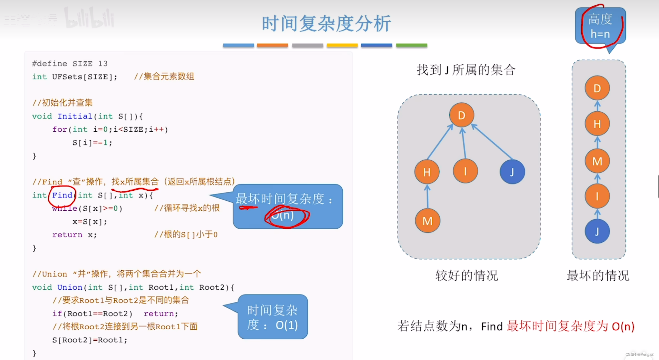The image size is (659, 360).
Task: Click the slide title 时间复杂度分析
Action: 326,23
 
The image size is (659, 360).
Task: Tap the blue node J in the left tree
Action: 512,172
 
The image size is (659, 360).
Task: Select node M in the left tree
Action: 427,221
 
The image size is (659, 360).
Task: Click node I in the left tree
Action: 465,171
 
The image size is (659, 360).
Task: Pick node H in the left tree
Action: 427,172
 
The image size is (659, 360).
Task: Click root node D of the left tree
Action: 461,115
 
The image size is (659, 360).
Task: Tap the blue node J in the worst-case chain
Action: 597,231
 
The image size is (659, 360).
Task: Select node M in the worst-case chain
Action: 597,161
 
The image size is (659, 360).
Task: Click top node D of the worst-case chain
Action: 597,88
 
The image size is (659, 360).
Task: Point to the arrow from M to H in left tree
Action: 427,197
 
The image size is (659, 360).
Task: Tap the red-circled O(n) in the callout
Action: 283,216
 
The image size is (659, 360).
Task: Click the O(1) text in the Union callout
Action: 287,325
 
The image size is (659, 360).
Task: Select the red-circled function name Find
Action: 62,195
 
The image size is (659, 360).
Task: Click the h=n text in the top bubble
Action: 600,34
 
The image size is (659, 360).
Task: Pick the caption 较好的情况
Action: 466,276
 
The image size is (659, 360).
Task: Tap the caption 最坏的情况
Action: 598,276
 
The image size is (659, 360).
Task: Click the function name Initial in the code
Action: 75,116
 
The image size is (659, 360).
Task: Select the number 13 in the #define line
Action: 103,63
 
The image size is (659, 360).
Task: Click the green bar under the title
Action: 411,46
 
